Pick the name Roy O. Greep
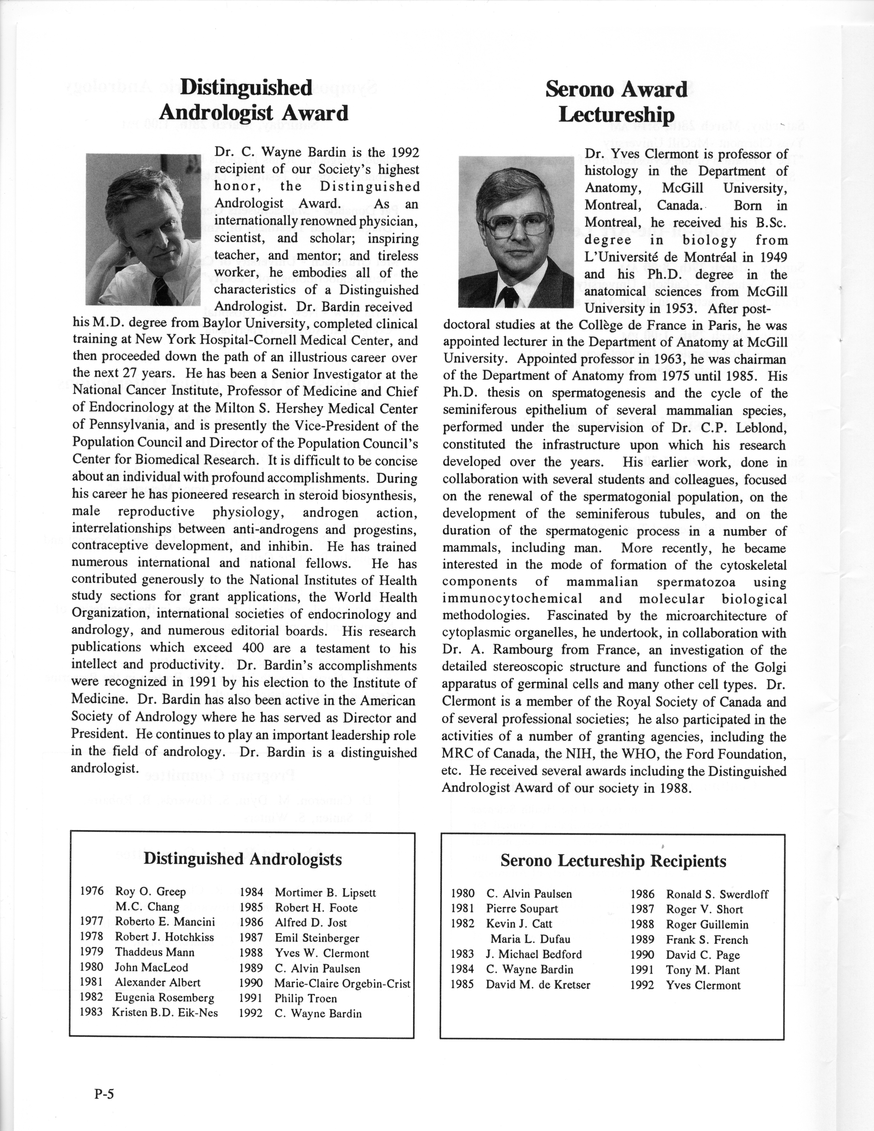click(x=150, y=891)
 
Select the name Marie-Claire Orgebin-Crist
click(x=342, y=983)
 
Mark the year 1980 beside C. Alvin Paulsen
click(x=462, y=893)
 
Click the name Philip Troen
click(x=306, y=998)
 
